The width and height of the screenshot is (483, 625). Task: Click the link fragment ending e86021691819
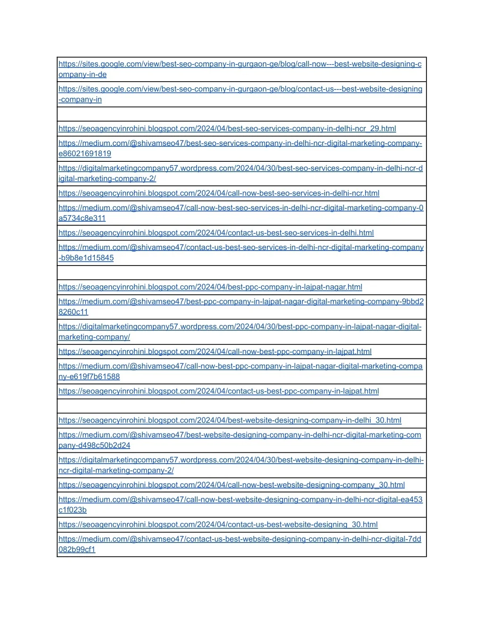click(85, 154)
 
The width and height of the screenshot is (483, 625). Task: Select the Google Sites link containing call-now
click(240, 64)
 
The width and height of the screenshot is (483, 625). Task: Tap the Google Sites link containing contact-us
click(240, 89)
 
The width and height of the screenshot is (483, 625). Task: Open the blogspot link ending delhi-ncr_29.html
click(227, 129)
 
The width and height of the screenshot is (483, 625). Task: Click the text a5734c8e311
click(82, 218)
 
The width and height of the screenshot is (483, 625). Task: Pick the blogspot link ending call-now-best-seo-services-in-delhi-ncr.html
click(219, 193)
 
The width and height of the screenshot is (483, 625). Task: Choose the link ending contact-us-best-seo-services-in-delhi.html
click(216, 233)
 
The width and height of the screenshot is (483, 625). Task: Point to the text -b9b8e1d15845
click(86, 258)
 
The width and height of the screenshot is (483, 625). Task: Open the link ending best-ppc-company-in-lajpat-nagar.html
click(210, 287)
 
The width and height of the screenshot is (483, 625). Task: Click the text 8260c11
click(73, 312)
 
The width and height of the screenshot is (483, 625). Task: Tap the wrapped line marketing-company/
click(94, 337)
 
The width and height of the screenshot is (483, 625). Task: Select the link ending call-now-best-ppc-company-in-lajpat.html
click(215, 352)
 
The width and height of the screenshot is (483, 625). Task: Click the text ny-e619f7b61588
click(89, 377)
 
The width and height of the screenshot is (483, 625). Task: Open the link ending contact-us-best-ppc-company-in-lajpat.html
click(218, 392)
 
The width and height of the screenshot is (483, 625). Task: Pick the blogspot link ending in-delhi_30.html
click(230, 421)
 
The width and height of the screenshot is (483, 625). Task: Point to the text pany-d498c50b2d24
click(94, 446)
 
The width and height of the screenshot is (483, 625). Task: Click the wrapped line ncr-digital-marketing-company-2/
click(116, 471)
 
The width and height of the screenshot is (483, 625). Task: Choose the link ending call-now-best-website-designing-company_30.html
click(232, 485)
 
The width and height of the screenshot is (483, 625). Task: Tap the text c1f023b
click(73, 510)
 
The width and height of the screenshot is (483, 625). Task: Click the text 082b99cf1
click(77, 550)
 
